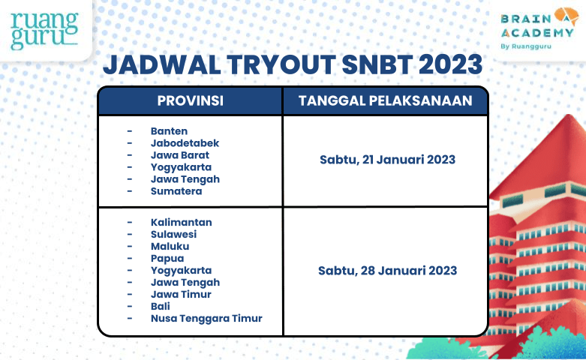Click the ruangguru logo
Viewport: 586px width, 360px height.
[x=44, y=31]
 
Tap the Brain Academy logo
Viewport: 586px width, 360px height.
[x=536, y=30]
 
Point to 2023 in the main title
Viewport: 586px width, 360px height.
[x=451, y=64]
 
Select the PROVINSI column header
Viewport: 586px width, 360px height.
[x=190, y=101]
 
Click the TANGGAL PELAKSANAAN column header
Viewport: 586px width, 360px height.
[x=385, y=101]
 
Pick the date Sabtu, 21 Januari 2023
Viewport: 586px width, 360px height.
[x=387, y=160]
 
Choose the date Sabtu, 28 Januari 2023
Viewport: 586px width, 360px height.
[x=387, y=270]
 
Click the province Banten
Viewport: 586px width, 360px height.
[x=169, y=130]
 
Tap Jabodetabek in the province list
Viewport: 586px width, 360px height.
[x=185, y=142]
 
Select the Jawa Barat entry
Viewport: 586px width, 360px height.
[x=179, y=154]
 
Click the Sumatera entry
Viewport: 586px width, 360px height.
[x=176, y=191]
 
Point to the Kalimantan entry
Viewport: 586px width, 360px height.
[x=181, y=222]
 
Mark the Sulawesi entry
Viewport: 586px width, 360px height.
[x=173, y=234]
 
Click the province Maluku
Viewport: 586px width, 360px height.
[x=170, y=246]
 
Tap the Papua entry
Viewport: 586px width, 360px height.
[x=167, y=258]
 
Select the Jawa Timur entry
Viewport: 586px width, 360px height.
[x=181, y=294]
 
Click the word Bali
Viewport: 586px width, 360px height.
[x=160, y=306]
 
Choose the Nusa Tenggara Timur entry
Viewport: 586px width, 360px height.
[x=206, y=318]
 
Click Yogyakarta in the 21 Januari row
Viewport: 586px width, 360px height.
[x=181, y=166]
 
